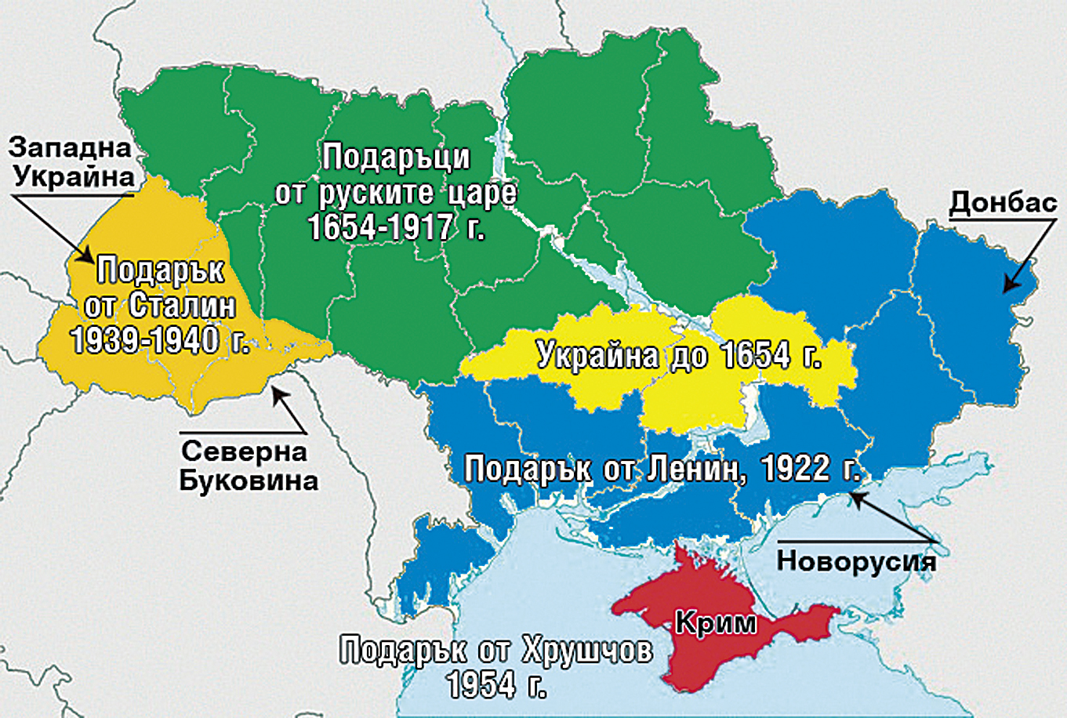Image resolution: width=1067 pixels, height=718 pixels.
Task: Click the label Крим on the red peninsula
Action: point(715,623)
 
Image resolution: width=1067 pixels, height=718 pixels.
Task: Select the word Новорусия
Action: point(855,561)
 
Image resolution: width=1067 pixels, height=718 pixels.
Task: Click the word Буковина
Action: point(249,480)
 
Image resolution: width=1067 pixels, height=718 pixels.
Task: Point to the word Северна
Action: point(244,452)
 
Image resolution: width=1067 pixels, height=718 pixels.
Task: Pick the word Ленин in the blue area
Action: point(695,469)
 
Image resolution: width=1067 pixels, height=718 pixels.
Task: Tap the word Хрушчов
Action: point(585,651)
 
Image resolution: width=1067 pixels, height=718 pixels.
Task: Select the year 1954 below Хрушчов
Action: point(481,685)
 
